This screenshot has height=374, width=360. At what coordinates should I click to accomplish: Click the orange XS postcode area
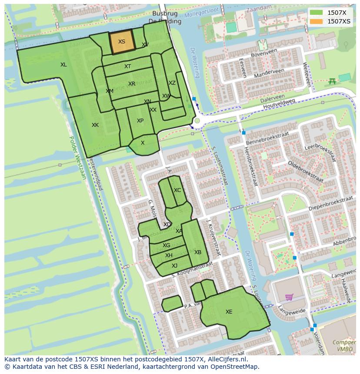click(122, 42)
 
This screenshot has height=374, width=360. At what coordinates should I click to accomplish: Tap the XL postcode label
click(63, 65)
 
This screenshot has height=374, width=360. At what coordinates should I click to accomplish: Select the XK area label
click(95, 125)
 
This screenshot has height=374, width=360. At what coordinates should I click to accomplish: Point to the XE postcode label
click(229, 311)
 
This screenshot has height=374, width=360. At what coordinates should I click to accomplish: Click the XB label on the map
click(198, 252)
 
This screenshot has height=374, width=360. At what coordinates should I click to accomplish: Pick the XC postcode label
click(177, 190)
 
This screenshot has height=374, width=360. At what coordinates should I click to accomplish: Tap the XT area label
click(127, 66)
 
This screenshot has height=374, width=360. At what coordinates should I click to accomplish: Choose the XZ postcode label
click(172, 83)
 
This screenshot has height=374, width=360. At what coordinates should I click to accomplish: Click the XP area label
click(140, 121)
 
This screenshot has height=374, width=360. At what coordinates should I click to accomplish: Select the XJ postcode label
click(174, 266)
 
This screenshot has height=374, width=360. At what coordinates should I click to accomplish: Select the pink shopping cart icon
click(289, 297)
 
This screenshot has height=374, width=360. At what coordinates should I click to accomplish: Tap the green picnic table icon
click(332, 81)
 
